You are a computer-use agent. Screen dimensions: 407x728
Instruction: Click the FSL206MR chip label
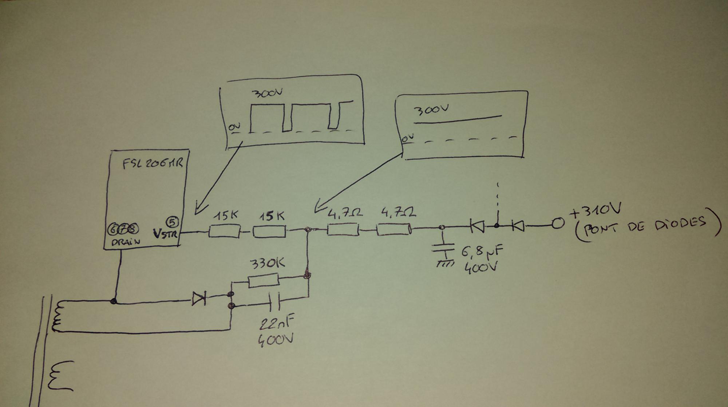pyautogui.click(x=152, y=163)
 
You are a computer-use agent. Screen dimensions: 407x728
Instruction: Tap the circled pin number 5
pyautogui.click(x=172, y=221)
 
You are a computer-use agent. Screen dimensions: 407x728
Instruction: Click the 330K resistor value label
pyautogui.click(x=267, y=264)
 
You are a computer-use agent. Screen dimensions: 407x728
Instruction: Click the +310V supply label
pyautogui.click(x=595, y=211)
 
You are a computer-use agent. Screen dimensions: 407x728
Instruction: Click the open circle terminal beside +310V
pyautogui.click(x=557, y=223)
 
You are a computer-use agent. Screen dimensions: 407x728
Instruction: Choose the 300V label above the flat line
pyautogui.click(x=431, y=109)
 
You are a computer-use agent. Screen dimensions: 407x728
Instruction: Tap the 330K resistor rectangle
pyautogui.click(x=264, y=281)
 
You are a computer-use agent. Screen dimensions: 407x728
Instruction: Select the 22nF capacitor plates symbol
pyautogui.click(x=275, y=301)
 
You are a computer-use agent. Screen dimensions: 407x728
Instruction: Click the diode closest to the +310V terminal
pyautogui.click(x=518, y=226)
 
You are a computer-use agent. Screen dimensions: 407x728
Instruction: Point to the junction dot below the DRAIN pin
pyautogui.click(x=114, y=301)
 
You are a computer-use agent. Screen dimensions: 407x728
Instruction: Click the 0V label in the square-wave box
pyautogui.click(x=234, y=127)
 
